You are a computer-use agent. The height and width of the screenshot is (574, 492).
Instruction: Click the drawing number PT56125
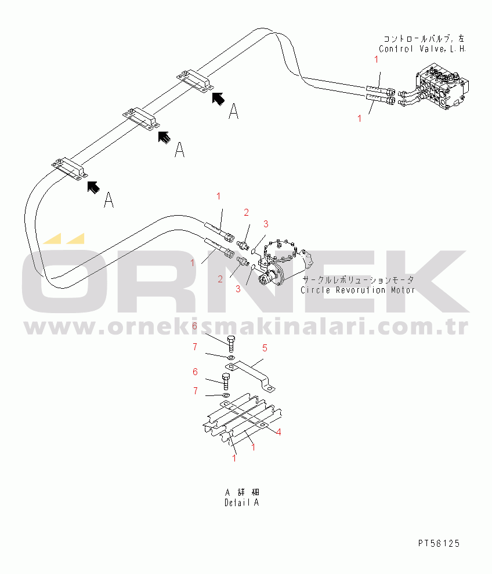tap(438, 543)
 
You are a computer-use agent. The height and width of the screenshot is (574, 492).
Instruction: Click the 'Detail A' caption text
tap(241, 503)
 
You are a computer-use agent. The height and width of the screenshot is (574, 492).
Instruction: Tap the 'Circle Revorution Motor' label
tap(357, 290)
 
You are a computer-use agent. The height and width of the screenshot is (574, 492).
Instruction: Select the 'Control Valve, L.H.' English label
tap(422, 49)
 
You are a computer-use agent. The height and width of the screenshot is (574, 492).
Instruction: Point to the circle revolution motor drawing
tap(278, 261)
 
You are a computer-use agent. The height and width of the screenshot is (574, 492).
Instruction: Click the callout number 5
tap(265, 348)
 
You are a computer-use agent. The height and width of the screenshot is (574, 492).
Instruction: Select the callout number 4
tap(278, 432)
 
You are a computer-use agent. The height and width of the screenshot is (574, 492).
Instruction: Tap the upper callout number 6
tap(195, 326)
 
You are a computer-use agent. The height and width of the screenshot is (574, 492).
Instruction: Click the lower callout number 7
tap(196, 391)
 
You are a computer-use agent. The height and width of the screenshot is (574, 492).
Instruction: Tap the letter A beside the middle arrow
tap(180, 150)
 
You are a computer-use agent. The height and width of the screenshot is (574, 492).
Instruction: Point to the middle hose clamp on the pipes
tap(141, 118)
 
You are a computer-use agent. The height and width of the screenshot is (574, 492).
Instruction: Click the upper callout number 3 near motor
tap(266, 224)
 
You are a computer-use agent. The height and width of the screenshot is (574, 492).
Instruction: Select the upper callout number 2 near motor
tap(246, 212)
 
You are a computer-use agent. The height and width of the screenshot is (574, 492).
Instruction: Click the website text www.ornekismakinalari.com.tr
tap(246, 329)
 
